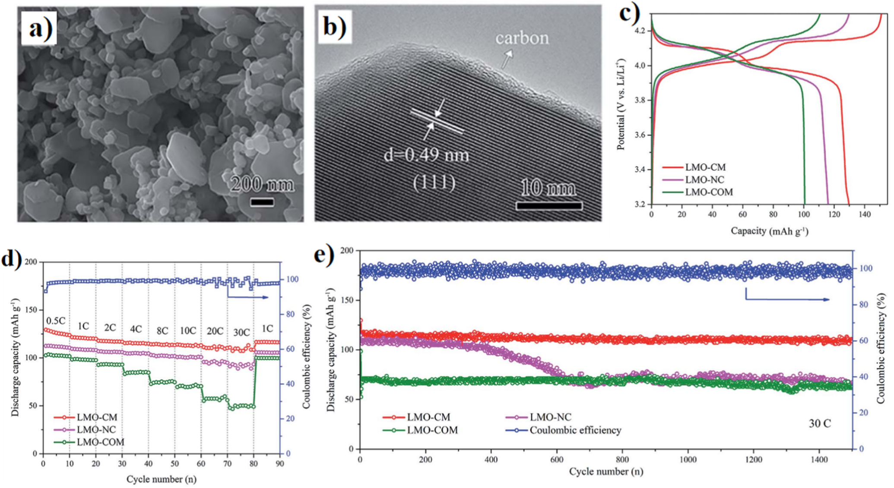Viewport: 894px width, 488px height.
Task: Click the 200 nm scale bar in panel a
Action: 262,202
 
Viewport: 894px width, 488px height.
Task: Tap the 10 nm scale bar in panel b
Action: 549,205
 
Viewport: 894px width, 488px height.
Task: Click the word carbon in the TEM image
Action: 522,38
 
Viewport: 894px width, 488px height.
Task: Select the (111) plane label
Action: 434,183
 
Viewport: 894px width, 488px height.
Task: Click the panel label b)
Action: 335,27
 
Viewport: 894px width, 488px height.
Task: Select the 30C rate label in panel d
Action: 241,332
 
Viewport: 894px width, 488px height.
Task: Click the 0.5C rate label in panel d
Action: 56,321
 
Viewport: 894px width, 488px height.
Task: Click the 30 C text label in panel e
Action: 819,423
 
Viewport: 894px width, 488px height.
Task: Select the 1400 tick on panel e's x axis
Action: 819,460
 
